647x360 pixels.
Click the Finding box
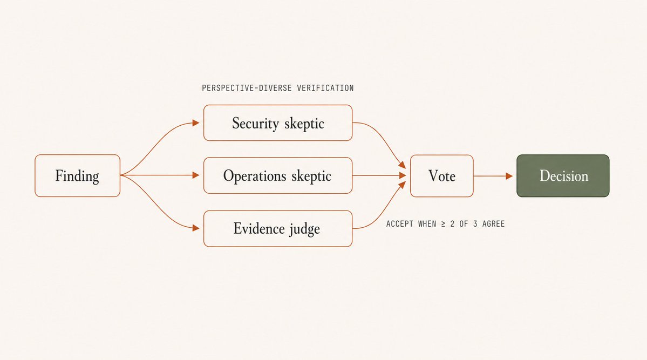coord(78,175)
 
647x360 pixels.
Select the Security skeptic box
coord(278,123)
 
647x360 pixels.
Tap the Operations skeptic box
coord(278,175)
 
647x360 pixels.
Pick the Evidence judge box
coord(278,229)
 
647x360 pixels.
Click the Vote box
coord(441,176)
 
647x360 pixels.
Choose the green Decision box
coord(563,176)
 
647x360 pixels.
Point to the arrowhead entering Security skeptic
coord(196,123)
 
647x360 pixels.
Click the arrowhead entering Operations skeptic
coord(196,175)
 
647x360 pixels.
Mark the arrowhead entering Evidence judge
coord(196,228)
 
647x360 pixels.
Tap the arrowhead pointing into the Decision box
coord(509,176)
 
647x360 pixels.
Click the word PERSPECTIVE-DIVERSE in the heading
coord(247,88)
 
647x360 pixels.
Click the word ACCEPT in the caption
coord(399,224)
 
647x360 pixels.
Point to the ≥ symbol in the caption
coord(443,224)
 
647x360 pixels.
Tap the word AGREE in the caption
coord(494,224)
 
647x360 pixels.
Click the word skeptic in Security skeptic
coord(304,124)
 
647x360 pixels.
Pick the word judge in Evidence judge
coord(304,229)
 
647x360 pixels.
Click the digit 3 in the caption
coord(475,224)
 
